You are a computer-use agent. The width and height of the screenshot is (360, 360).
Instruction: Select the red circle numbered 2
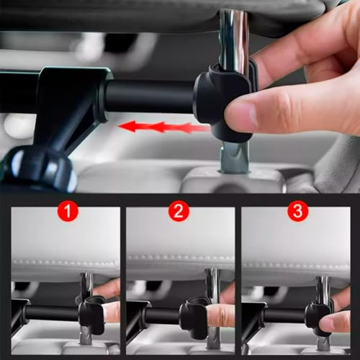click(x=179, y=211)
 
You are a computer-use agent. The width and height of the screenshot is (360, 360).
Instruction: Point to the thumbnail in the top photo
click(x=242, y=114)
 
